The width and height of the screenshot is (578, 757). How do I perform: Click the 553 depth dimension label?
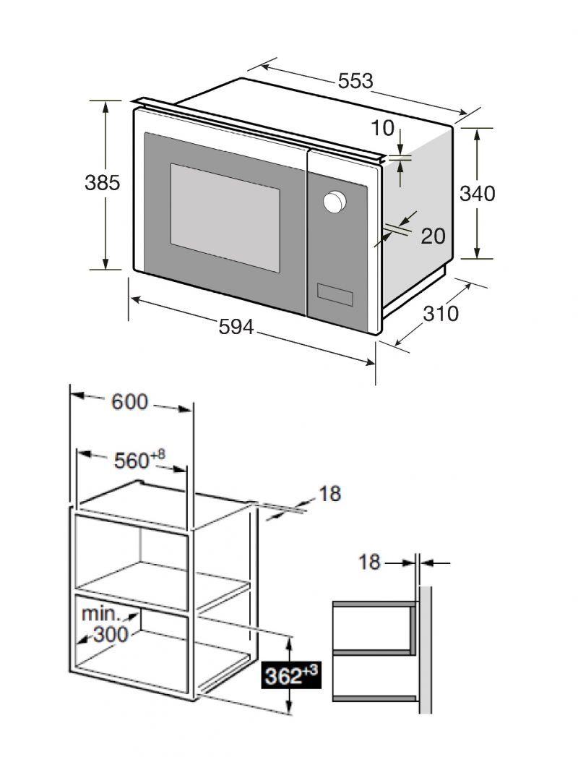coord(355,81)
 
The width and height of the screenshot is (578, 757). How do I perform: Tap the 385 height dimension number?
coord(103,183)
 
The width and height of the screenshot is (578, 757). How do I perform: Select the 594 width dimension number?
coord(236,328)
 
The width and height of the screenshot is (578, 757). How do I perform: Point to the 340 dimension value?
coord(477,194)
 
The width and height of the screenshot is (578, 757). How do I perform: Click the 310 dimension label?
coord(441,314)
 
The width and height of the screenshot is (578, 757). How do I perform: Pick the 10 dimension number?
coord(383,129)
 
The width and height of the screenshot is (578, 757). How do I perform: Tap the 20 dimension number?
coord(433,236)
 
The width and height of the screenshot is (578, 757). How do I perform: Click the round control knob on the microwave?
coord(335,201)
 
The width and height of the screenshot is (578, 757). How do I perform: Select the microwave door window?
coord(225,217)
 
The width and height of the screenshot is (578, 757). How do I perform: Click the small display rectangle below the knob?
coord(335,295)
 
